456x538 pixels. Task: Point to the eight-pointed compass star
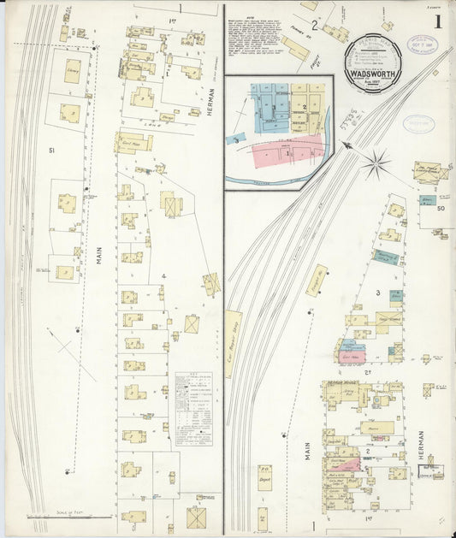tap(375, 163)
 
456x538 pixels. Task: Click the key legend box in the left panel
tap(193, 408)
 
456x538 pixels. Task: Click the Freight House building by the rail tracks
tap(317, 281)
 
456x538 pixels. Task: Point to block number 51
tap(52, 151)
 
